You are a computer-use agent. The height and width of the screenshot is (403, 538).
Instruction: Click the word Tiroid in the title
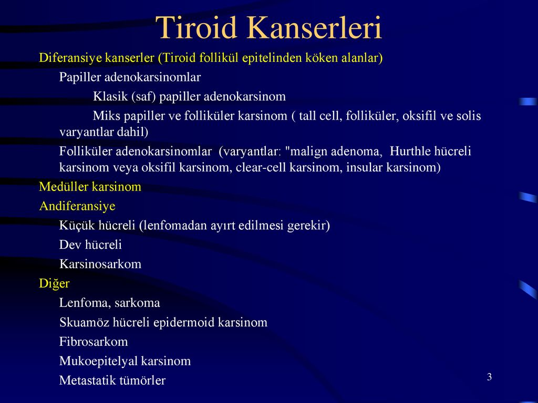196,27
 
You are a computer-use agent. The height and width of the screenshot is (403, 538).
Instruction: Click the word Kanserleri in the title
314,27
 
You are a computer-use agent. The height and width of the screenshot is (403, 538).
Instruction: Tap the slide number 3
489,377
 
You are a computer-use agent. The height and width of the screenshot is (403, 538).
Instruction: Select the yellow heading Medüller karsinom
90,187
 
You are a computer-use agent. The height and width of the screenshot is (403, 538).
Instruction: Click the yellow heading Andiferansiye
77,206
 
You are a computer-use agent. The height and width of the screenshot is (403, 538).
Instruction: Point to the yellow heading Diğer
54,284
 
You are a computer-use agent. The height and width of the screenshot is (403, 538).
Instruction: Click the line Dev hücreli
90,245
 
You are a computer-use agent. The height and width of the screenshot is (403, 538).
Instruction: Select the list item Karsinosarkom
100,264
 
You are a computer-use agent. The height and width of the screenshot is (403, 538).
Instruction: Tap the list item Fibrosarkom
94,342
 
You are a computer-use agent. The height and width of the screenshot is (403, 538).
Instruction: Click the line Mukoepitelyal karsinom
125,361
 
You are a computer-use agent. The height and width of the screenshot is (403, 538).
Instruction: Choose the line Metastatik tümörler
112,380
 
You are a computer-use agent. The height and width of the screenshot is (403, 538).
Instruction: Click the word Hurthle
408,151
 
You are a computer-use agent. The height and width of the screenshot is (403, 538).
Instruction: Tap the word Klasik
110,97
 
